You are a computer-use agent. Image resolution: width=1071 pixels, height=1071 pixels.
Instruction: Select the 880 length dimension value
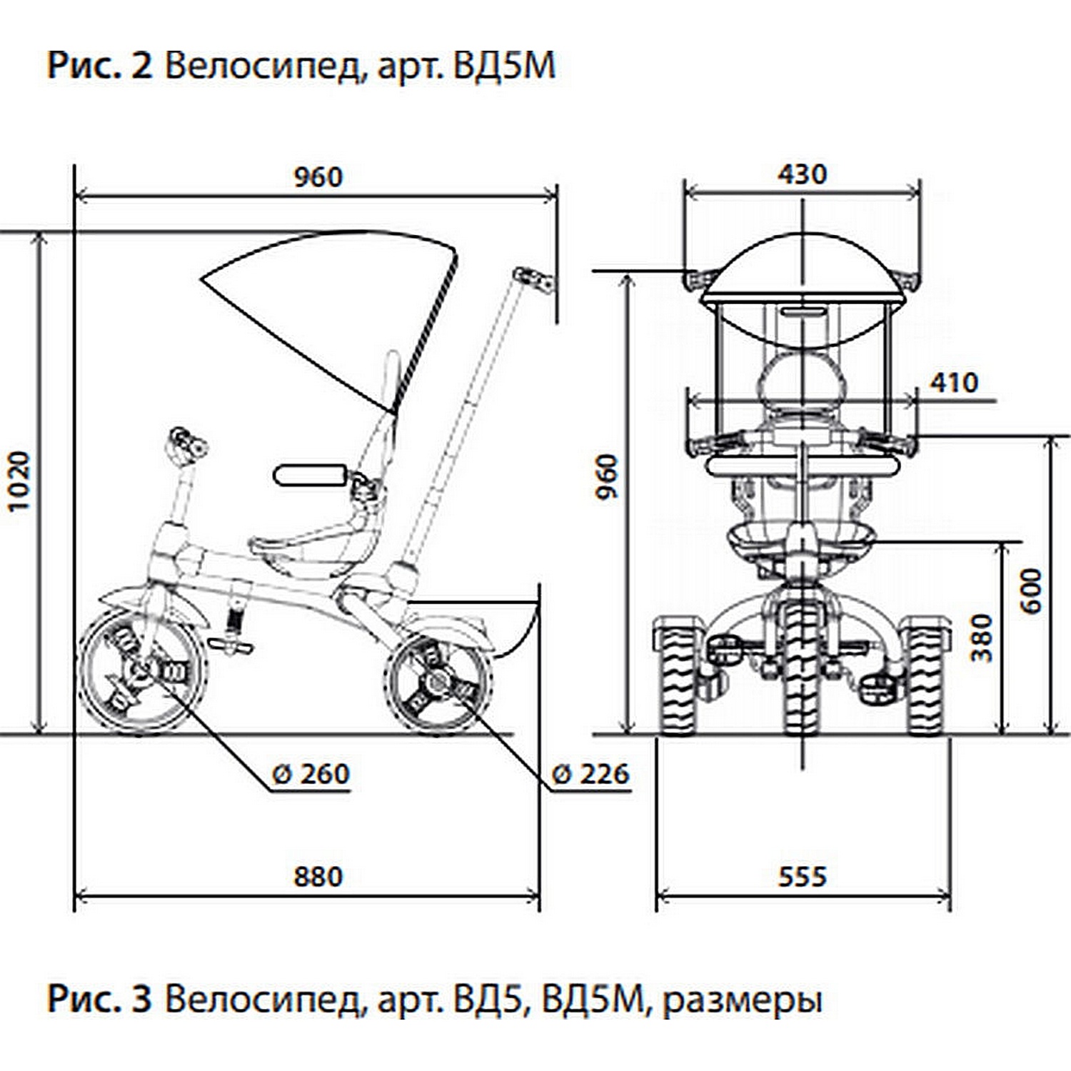[x=318, y=876]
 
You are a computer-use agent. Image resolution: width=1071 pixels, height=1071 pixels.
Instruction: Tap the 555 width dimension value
[x=802, y=876]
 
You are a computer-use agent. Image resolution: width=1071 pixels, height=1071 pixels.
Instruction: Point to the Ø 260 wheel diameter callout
[x=311, y=774]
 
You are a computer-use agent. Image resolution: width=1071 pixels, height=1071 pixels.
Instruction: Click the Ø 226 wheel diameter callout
[x=591, y=774]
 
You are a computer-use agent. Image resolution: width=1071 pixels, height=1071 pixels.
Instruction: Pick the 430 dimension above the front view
[x=802, y=174]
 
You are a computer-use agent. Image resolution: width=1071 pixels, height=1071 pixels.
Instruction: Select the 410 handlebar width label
[x=954, y=383]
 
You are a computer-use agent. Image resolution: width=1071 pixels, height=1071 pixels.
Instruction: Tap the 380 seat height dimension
[x=983, y=638]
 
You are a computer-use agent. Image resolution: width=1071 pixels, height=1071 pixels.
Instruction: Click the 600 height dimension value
[x=1030, y=590]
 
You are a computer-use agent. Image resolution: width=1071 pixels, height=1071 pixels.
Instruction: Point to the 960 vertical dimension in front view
[x=607, y=477]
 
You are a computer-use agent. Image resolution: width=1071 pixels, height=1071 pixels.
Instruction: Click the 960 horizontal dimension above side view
[x=318, y=176]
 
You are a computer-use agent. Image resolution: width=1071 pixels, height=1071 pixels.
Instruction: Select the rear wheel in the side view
[x=438, y=683]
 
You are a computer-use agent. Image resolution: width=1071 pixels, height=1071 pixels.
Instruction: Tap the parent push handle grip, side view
[x=533, y=280]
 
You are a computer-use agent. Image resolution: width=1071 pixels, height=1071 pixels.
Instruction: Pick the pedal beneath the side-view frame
[x=231, y=645]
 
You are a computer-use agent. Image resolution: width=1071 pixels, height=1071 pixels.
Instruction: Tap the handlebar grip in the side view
[x=187, y=443]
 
